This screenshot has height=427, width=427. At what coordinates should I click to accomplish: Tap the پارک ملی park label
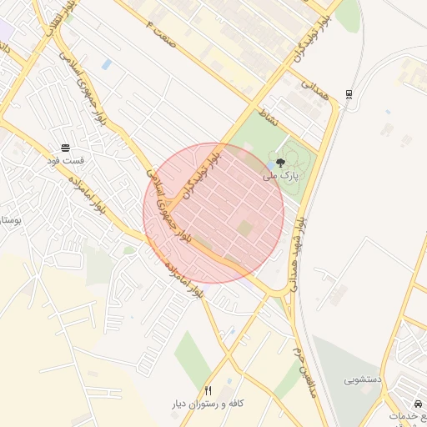tap(279, 177)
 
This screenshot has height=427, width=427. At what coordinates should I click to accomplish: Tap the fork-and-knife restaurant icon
tap(208, 390)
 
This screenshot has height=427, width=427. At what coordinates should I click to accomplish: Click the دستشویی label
tap(362, 379)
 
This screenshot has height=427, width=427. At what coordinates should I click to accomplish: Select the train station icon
tap(348, 93)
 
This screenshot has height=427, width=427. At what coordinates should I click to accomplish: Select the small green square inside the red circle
tap(244, 227)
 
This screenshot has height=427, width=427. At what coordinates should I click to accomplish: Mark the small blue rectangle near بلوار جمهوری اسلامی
tap(106, 64)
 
